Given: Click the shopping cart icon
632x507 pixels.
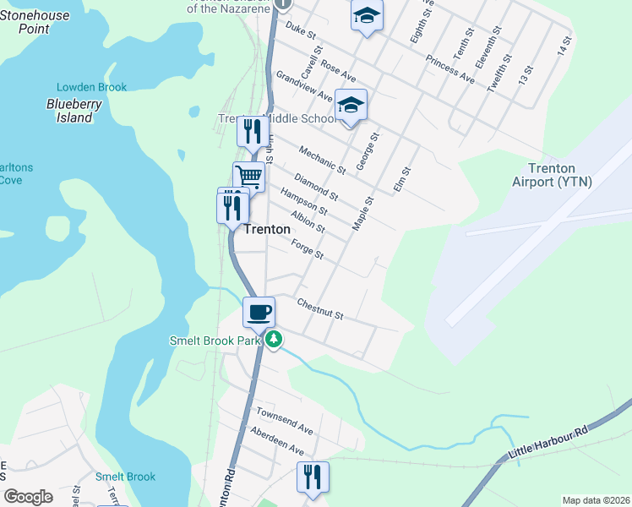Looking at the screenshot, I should tap(249, 177).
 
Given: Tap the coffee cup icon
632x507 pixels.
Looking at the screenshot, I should tap(259, 312).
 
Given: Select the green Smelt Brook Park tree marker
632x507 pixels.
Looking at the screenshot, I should tap(273, 340).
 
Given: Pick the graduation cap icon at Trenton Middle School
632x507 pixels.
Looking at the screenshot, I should tap(351, 105).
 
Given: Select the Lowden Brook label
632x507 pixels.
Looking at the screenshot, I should tap(91, 87).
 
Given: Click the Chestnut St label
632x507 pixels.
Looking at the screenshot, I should tap(319, 308).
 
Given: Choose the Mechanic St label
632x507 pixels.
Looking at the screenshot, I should tap(322, 159).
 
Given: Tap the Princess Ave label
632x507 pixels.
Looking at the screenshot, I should tap(450, 70).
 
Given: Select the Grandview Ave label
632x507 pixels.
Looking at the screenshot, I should tap(303, 91).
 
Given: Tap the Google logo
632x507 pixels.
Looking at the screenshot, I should tap(28, 496).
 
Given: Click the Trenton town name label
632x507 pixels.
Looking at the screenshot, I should tap(267, 229).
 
